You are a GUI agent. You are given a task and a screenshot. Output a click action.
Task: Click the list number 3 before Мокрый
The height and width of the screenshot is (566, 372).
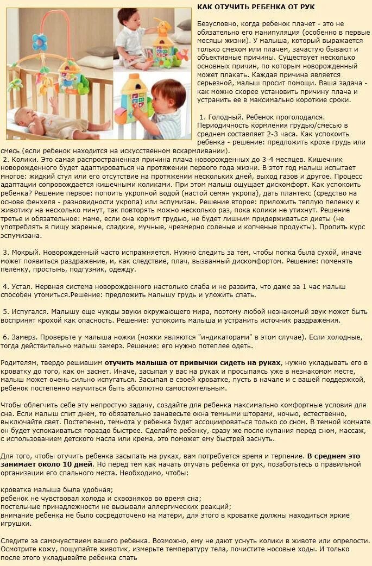[x=5, y=253]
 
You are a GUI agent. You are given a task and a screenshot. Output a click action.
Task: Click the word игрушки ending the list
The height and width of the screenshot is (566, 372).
[x=16, y=524]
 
